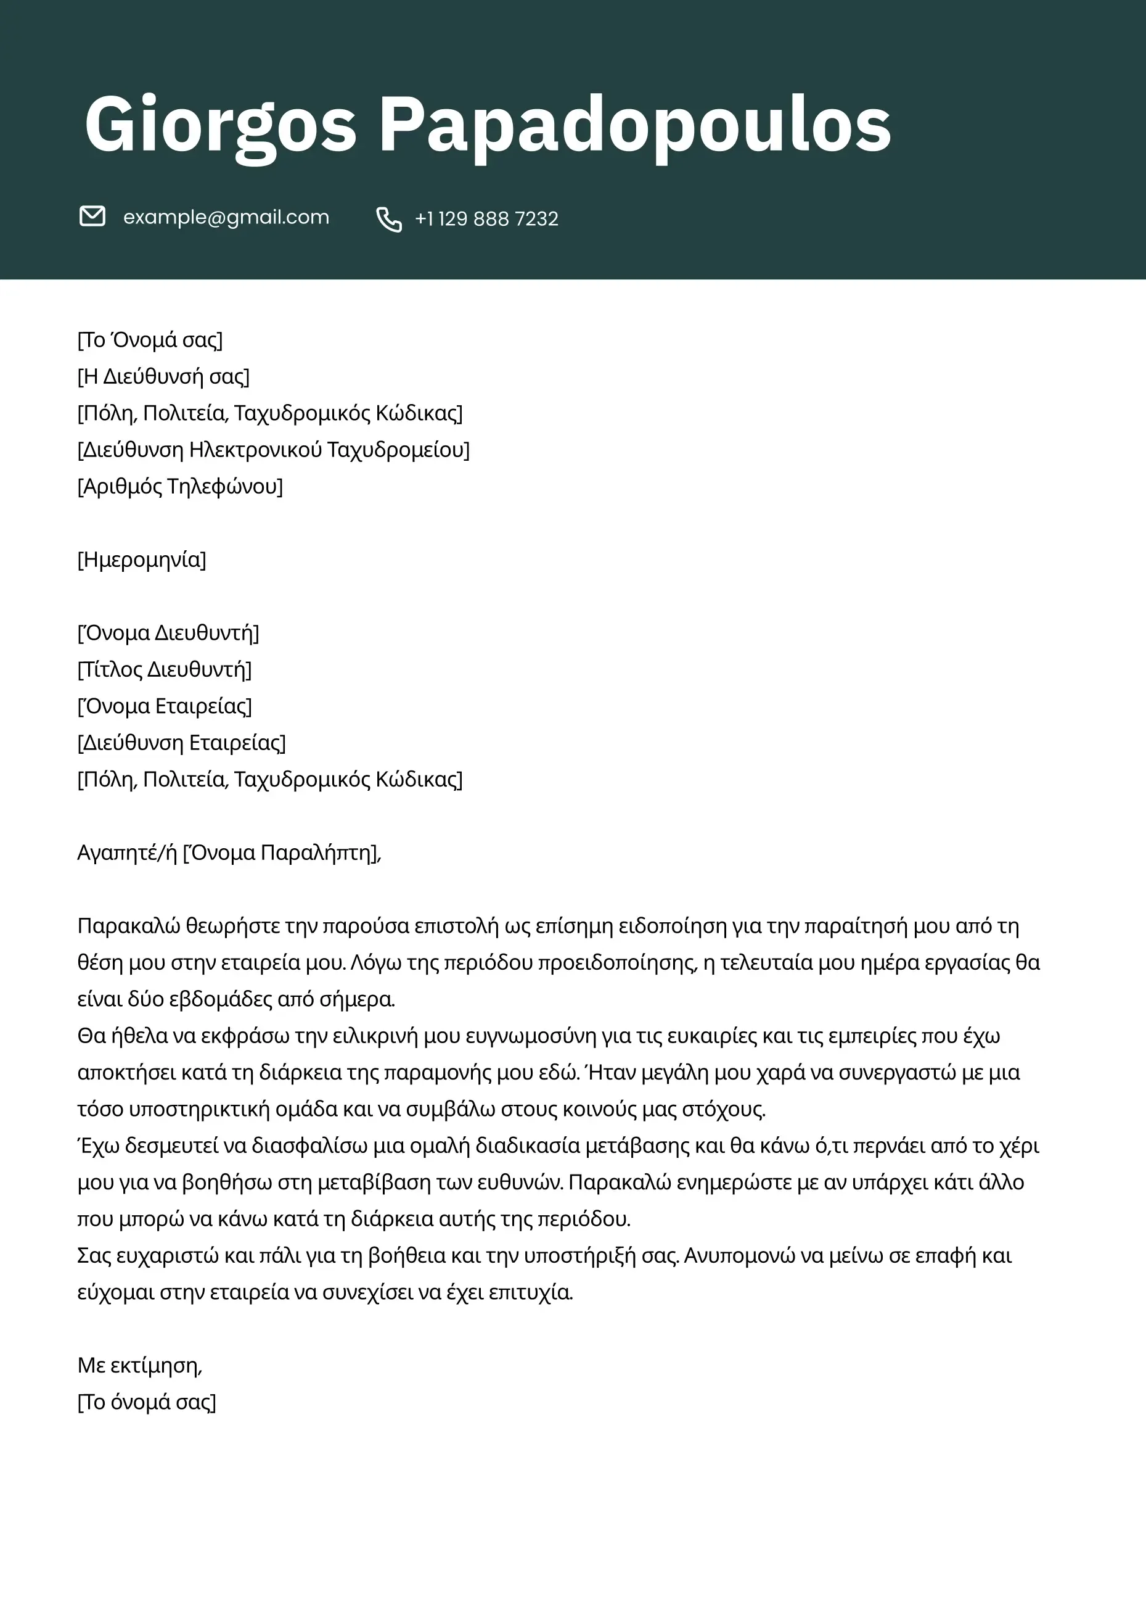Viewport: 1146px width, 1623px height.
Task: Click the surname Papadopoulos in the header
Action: click(x=634, y=126)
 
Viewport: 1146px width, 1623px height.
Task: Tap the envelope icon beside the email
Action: click(x=92, y=217)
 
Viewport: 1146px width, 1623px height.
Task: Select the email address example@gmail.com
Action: click(x=226, y=217)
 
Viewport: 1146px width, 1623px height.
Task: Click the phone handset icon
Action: click(x=388, y=219)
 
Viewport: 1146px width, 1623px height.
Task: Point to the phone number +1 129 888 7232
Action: click(x=487, y=219)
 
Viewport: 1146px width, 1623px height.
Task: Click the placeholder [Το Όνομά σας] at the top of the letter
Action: click(x=150, y=340)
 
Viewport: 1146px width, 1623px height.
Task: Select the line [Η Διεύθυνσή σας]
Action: click(x=163, y=377)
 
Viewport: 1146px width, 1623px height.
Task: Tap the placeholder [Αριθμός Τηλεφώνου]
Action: click(x=180, y=486)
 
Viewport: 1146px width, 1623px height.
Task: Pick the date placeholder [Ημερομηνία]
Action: click(x=141, y=560)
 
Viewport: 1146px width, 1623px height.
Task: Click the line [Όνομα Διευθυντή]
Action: click(x=168, y=633)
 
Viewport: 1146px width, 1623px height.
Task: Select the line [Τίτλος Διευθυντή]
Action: click(x=164, y=669)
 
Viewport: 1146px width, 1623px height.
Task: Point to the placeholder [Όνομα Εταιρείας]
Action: click(x=164, y=706)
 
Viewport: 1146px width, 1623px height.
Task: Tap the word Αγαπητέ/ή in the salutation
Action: click(x=126, y=853)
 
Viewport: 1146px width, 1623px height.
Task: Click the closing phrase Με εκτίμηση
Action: click(x=139, y=1365)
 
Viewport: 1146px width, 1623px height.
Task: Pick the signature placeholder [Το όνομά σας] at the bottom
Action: click(x=146, y=1402)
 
